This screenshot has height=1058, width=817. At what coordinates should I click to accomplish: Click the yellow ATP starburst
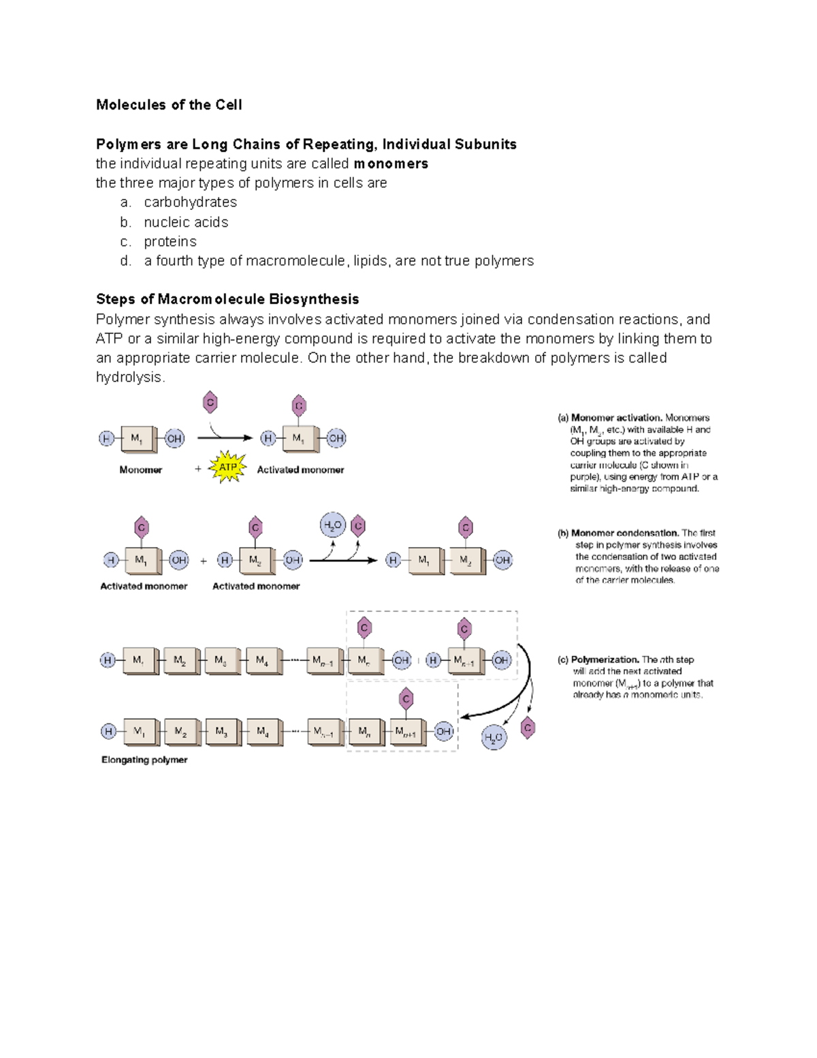[227, 467]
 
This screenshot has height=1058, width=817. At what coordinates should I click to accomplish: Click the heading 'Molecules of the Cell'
[169, 105]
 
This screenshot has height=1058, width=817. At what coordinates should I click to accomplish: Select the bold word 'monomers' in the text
[391, 164]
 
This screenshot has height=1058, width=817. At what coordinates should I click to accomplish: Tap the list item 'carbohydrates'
[190, 202]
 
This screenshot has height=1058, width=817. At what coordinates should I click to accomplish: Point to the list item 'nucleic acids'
[186, 222]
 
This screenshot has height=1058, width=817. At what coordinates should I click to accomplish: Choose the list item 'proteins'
[170, 242]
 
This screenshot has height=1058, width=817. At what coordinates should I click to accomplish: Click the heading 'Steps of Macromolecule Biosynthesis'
[227, 299]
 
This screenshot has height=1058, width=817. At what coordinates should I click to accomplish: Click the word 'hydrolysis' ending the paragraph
[129, 377]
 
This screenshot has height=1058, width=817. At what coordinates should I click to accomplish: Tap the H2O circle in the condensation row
[333, 525]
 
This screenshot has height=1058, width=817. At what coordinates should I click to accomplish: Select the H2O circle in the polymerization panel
[494, 737]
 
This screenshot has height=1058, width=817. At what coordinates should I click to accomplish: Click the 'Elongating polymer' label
[144, 760]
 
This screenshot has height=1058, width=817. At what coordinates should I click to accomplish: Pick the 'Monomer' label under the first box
[141, 470]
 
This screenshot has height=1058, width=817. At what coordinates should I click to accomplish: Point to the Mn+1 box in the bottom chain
[406, 732]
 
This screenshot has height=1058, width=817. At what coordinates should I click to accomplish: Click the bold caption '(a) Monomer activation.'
[617, 418]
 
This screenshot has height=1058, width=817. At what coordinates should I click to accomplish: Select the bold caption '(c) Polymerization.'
[598, 659]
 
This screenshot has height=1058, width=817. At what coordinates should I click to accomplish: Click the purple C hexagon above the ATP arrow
[210, 403]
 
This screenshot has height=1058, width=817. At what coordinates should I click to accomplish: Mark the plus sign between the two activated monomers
[204, 561]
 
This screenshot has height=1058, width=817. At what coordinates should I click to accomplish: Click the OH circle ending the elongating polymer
[444, 732]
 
